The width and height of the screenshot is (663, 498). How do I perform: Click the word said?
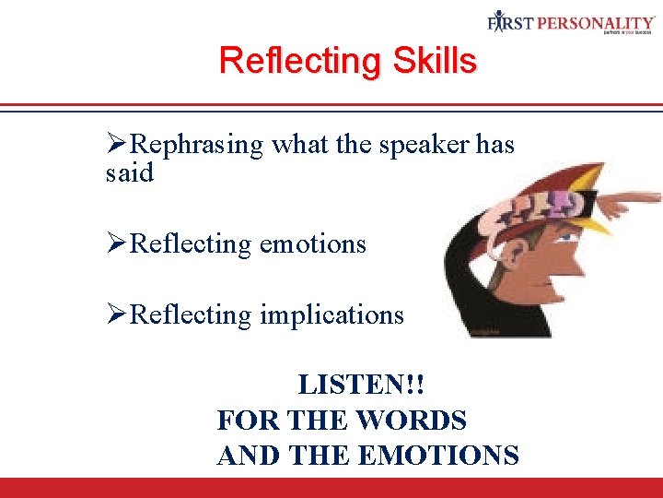pos(130,172)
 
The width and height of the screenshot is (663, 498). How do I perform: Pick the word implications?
pos(331,315)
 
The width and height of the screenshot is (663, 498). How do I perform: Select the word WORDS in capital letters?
pos(411,421)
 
